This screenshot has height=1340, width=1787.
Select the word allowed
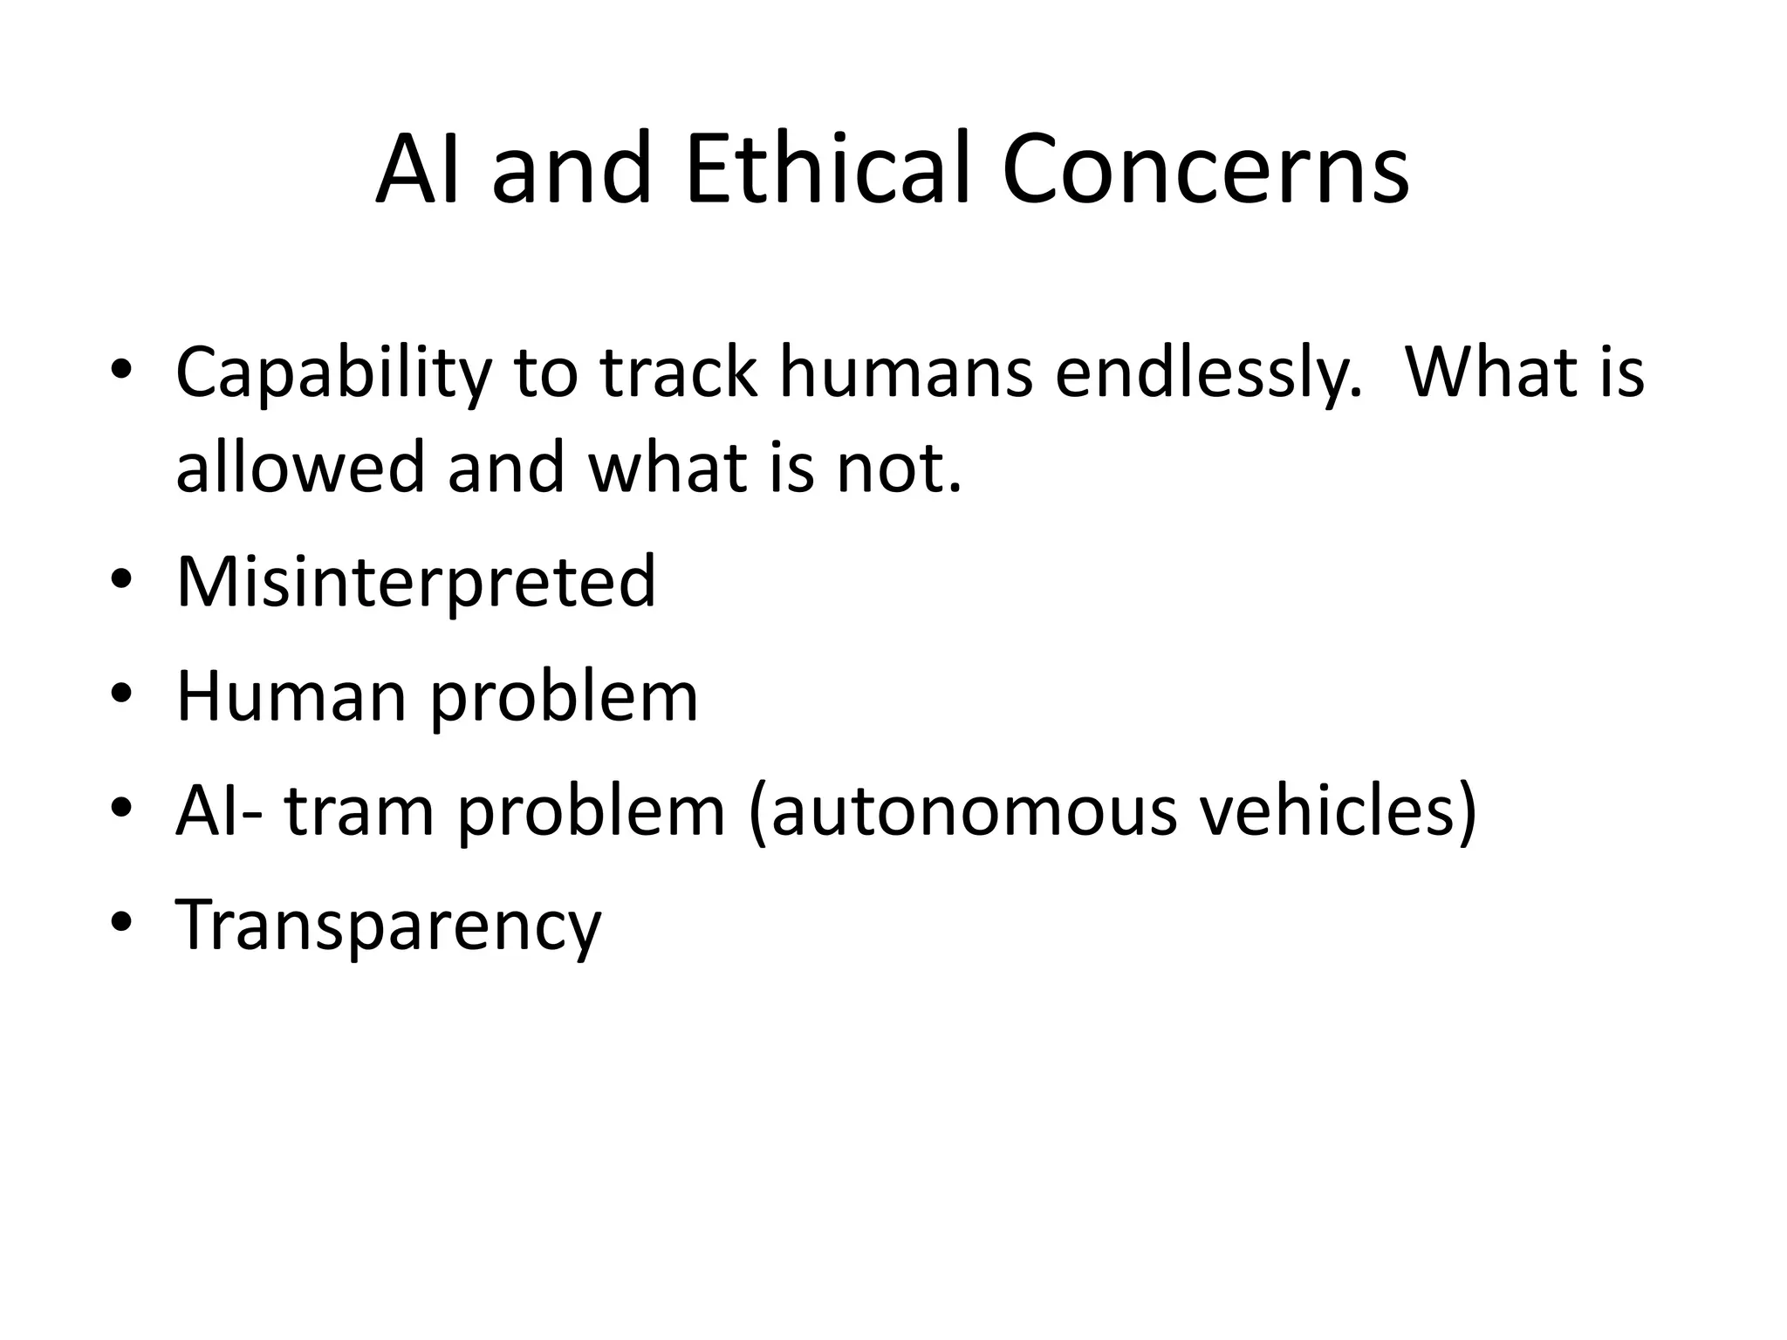coord(300,466)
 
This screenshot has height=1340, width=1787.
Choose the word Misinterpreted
coord(415,583)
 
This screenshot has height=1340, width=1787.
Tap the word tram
coord(359,811)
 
